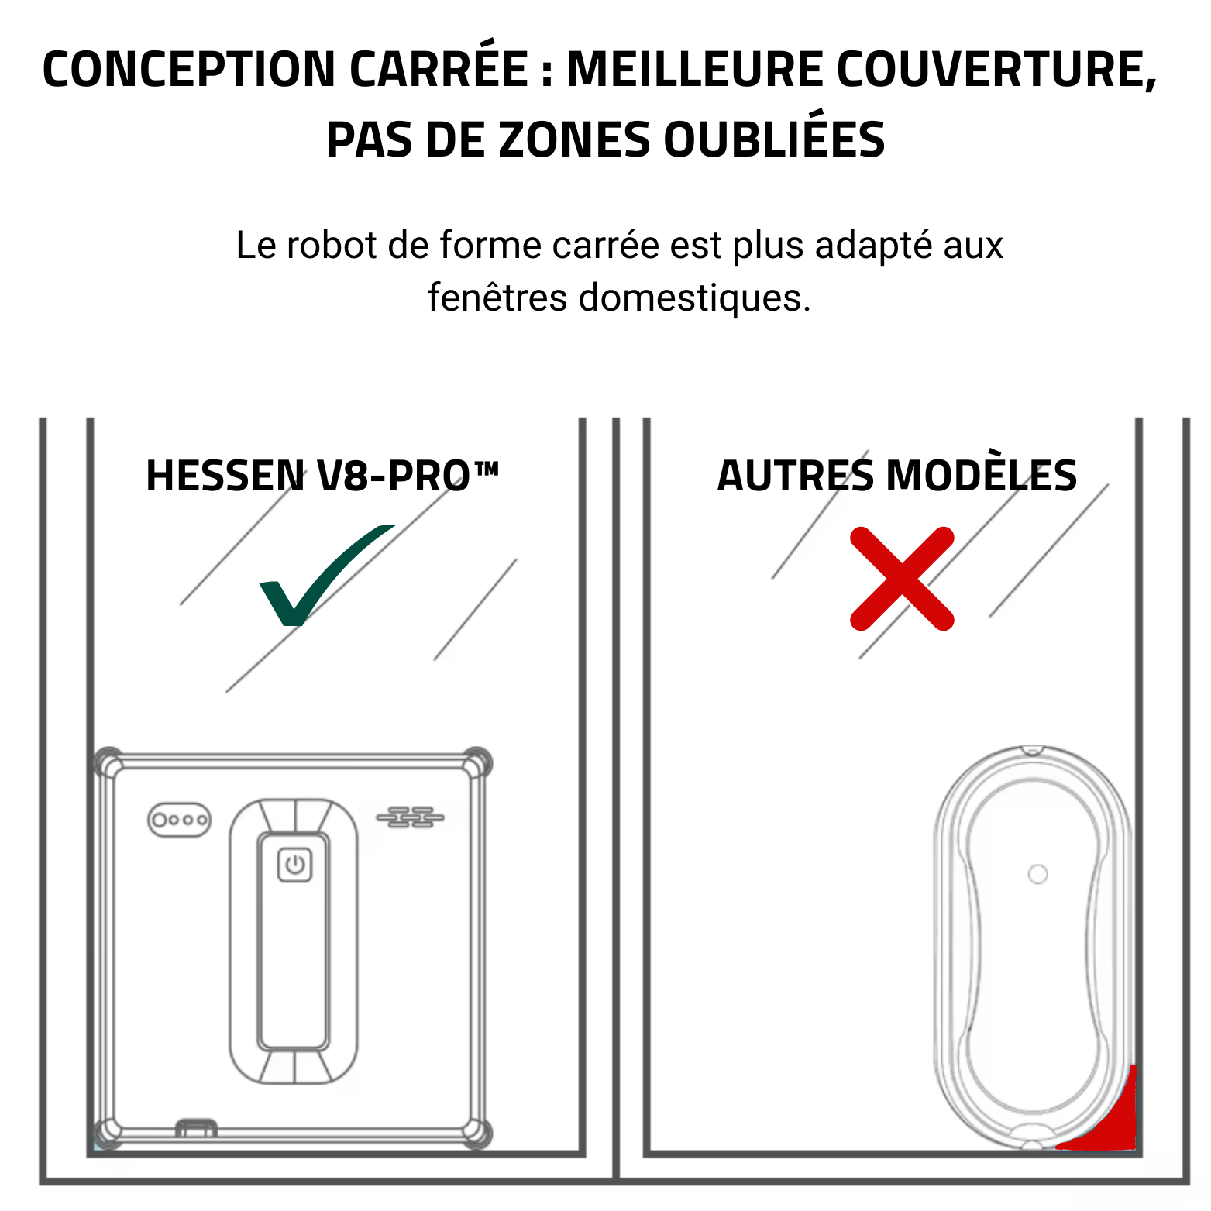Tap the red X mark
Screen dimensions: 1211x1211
tap(902, 579)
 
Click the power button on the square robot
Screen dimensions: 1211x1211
tap(295, 865)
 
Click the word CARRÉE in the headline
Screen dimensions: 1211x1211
tap(439, 69)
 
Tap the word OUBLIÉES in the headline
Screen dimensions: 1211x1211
tap(774, 140)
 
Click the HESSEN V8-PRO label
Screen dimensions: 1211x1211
tap(322, 476)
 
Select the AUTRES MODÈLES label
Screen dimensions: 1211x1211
tap(896, 476)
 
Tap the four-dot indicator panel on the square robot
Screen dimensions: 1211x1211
tap(179, 820)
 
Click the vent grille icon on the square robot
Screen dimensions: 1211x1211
tap(410, 817)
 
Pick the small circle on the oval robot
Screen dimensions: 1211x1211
tap(1037, 874)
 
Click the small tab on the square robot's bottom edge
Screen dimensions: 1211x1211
tap(196, 1127)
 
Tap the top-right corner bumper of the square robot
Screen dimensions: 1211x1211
tap(476, 762)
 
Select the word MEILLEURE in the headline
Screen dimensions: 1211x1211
tap(695, 69)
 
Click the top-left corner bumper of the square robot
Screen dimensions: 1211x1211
tap(109, 763)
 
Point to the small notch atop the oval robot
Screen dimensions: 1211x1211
tap(1031, 750)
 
